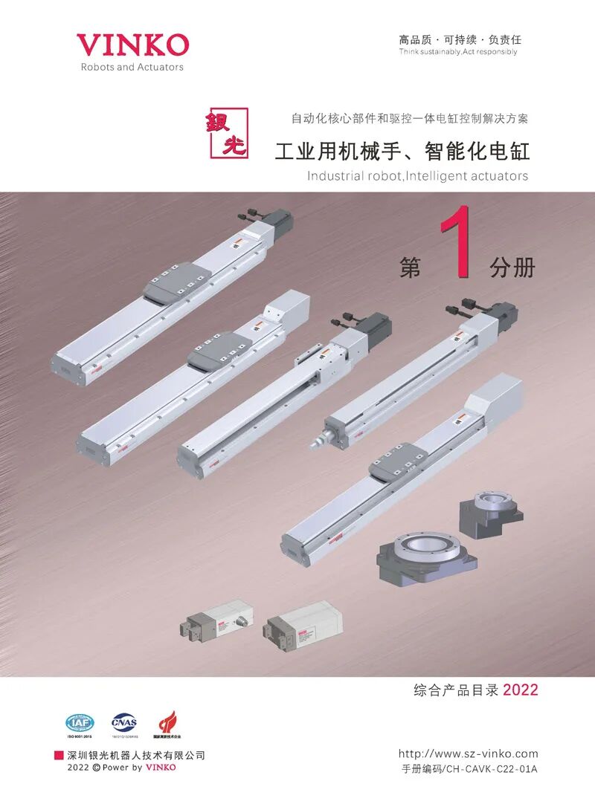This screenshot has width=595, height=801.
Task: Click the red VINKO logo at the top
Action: [132, 45]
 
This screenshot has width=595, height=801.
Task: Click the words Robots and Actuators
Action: [132, 67]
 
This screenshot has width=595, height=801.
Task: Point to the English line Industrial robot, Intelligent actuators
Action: [417, 176]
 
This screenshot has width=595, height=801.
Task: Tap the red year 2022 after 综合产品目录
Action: [520, 690]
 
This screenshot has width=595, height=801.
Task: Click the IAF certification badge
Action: [80, 723]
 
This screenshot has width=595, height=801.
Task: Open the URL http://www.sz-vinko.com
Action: [468, 753]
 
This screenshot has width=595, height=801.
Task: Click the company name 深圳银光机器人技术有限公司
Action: [135, 755]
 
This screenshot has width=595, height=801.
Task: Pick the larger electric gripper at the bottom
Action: [303, 623]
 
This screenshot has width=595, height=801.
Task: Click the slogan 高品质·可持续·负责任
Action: [460, 39]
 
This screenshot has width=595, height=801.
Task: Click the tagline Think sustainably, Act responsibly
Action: [457, 52]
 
